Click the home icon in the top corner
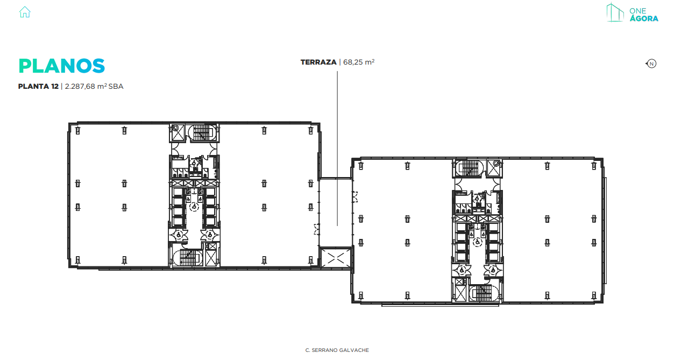coord(25,12)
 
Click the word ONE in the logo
coord(637,10)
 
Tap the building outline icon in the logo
coord(614,13)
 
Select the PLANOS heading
coord(61,66)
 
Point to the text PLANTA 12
coord(38,86)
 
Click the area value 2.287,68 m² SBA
coord(94,86)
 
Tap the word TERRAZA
coord(318,62)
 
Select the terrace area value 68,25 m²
coord(358,62)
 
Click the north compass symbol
coord(651,64)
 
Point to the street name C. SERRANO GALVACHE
coord(337,350)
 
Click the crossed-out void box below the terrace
coord(335,258)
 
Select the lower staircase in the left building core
coord(186,258)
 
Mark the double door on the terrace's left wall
coord(316,230)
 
